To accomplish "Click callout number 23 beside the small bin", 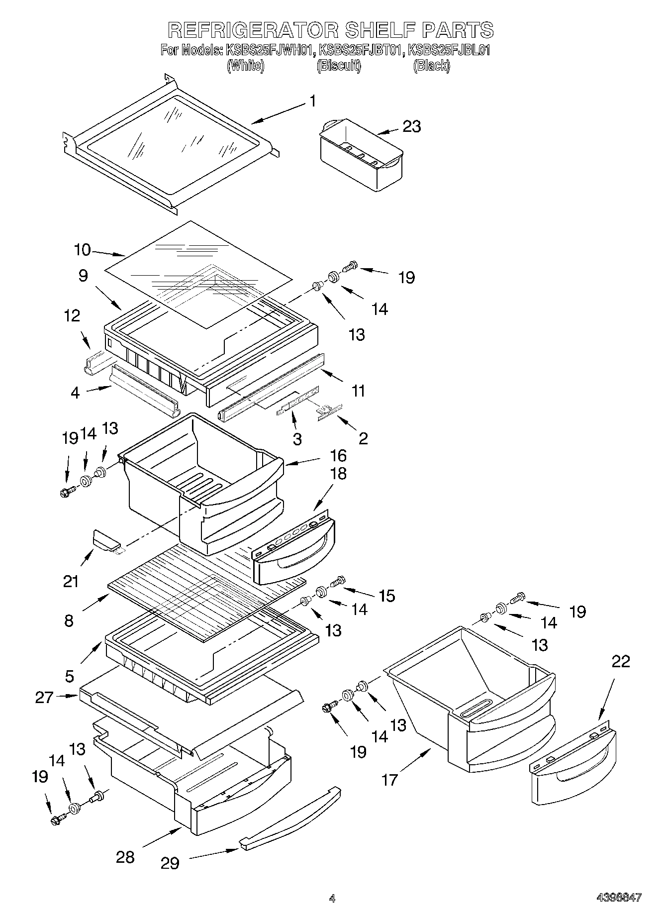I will (412, 126).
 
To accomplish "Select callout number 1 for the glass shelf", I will (312, 102).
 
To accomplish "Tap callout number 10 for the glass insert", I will (82, 249).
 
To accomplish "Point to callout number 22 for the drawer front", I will (621, 661).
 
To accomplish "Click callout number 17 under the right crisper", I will (389, 779).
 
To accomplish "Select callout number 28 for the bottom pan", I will (125, 857).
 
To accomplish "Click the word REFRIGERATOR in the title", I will (252, 30).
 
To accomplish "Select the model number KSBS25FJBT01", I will (361, 50).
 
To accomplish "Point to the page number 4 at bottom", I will (332, 898).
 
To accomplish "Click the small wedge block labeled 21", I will (105, 541).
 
